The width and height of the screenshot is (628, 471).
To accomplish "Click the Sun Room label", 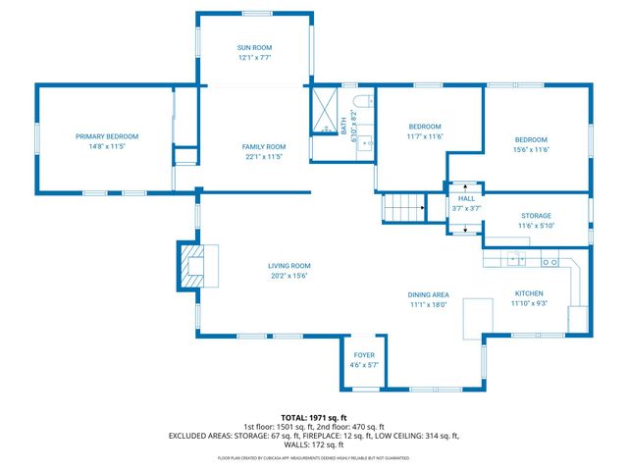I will (x=254, y=47).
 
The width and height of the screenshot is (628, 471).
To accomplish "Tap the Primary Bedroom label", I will (x=108, y=136).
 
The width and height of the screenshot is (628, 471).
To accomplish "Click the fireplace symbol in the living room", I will (x=188, y=265).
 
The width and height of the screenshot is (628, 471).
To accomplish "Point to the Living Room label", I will (x=289, y=265).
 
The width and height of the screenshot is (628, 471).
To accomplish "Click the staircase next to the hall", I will (x=403, y=208).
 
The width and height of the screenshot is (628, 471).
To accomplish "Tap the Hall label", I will (x=466, y=198).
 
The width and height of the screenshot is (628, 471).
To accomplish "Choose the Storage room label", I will (x=536, y=216).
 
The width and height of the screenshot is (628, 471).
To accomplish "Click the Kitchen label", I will (x=529, y=293).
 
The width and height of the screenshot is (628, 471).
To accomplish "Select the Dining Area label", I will (x=428, y=294).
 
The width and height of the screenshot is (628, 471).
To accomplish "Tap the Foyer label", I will (x=363, y=354).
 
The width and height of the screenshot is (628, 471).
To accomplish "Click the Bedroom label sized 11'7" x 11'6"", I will (x=425, y=127).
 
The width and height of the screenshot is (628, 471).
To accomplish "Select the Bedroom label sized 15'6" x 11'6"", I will (x=531, y=139).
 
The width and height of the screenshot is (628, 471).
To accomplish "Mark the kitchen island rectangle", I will (x=478, y=319).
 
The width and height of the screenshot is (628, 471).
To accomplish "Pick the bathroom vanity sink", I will (x=367, y=143).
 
